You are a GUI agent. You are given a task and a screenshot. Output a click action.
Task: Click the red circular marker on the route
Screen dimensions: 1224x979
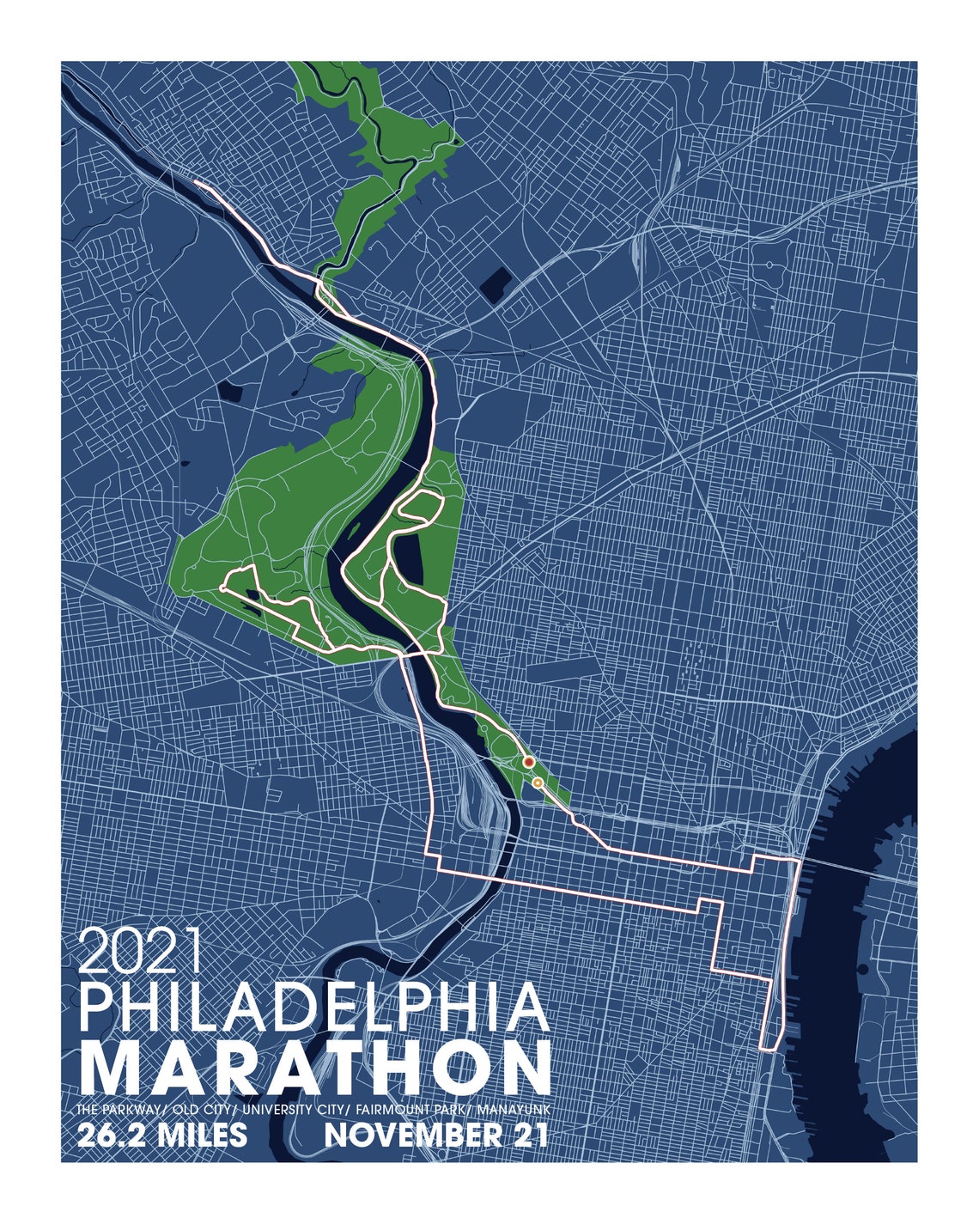(529, 762)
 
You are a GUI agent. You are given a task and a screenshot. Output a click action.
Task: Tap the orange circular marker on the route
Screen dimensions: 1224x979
(537, 783)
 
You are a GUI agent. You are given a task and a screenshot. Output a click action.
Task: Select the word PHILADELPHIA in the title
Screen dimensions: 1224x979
(314, 1008)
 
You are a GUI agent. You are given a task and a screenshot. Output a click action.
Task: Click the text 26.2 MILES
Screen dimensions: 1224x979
(162, 1136)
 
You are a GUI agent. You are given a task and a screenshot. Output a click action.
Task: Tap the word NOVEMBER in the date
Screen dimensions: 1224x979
(409, 1136)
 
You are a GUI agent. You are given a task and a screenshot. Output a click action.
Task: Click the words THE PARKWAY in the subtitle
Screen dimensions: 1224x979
(119, 1111)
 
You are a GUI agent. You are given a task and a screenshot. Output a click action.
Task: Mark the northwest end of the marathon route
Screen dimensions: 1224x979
(197, 182)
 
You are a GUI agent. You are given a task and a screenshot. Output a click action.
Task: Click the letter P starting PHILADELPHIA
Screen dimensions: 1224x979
(96, 1008)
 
